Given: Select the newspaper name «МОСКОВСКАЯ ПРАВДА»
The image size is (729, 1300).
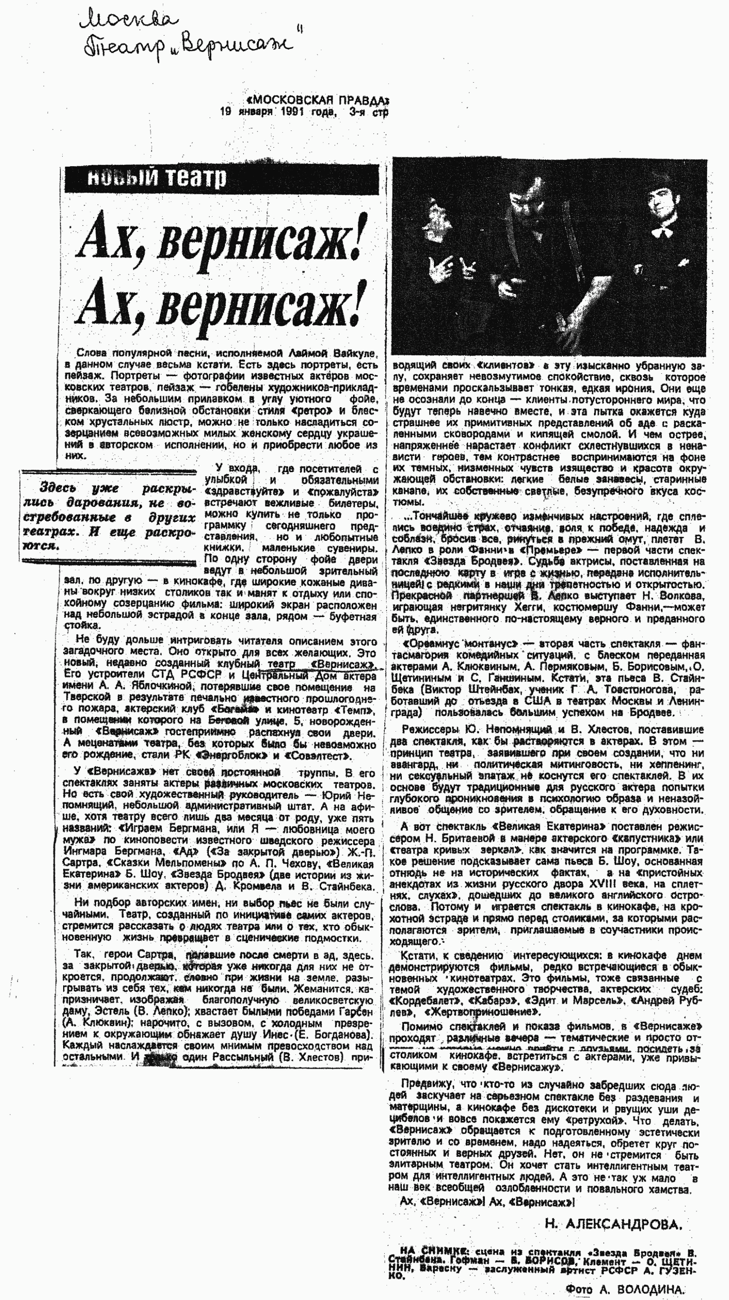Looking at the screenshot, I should click(x=317, y=99).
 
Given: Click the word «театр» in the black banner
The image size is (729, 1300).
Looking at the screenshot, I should click(x=196, y=178).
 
